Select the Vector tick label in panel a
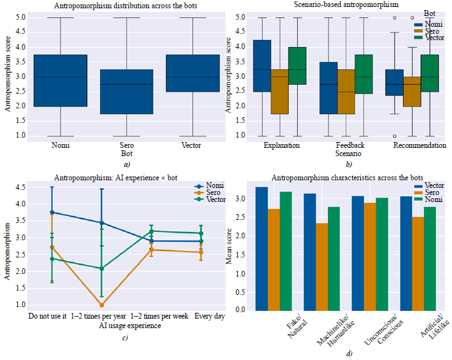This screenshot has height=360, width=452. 192,146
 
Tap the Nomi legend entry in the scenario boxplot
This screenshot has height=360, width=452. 434,24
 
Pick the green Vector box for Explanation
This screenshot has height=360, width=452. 297,66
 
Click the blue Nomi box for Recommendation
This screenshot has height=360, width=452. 395,82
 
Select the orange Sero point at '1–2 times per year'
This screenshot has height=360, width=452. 101,305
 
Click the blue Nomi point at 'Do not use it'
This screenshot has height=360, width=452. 52,212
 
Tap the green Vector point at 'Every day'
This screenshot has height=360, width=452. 201,233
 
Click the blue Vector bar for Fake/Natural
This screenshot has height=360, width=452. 261,248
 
